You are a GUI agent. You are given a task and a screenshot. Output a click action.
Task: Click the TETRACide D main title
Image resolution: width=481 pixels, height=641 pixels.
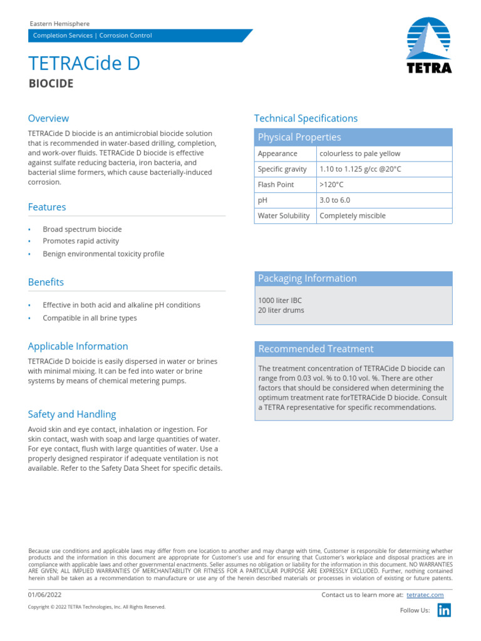click(84, 63)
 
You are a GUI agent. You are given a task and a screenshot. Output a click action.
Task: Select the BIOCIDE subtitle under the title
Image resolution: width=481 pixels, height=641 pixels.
click(51, 83)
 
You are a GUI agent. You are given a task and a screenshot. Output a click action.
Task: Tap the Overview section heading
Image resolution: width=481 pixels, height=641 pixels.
click(48, 118)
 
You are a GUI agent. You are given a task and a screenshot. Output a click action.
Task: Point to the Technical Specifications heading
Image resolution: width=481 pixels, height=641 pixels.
click(306, 118)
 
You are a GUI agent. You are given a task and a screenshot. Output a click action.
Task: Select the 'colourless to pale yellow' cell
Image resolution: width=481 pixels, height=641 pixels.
click(359, 153)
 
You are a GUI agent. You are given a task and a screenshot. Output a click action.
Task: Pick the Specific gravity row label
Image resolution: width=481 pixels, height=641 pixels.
click(282, 169)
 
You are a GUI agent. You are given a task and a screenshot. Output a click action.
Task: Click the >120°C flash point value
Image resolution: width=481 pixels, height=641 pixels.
click(331, 185)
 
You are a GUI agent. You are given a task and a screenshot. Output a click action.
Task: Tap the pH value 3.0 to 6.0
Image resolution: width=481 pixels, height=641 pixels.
click(334, 200)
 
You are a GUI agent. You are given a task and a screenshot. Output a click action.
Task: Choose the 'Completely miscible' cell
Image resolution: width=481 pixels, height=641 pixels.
click(353, 216)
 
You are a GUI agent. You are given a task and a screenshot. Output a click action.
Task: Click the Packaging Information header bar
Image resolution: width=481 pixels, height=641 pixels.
click(353, 279)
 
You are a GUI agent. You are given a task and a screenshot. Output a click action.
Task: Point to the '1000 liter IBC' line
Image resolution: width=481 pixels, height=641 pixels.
click(279, 300)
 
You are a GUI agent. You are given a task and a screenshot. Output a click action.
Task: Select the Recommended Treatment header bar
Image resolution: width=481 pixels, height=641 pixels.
click(353, 349)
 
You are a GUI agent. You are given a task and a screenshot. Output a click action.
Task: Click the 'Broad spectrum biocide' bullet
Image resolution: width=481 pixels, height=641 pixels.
click(82, 229)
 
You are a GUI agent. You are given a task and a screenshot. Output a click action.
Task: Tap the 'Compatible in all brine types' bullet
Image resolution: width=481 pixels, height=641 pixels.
click(90, 318)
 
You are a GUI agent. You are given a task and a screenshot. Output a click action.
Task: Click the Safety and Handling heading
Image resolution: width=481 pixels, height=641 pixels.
click(71, 414)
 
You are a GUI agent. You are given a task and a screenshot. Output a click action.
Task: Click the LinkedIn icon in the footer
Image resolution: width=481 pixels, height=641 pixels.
click(444, 611)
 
